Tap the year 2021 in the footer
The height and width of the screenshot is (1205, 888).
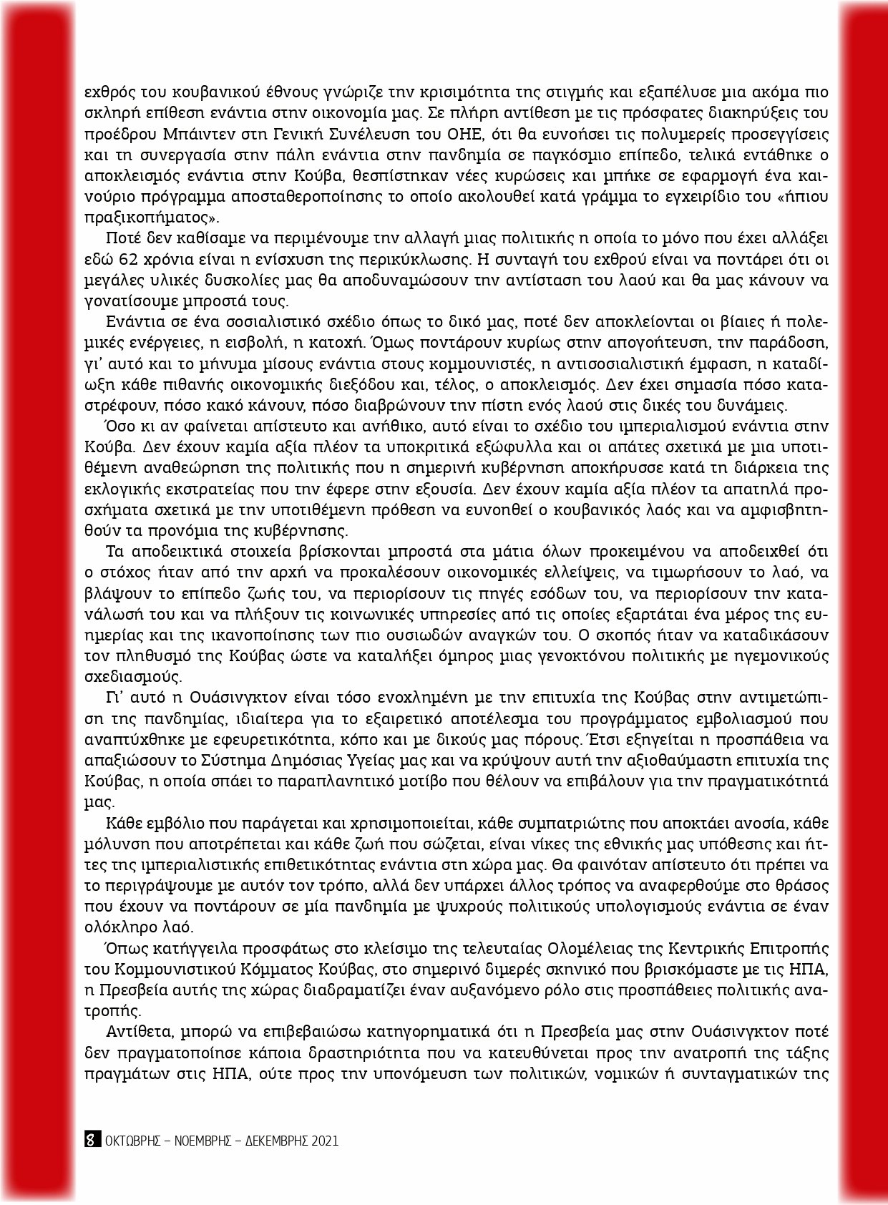pos(324,1141)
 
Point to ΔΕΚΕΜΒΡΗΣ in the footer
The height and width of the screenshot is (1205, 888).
pos(275,1141)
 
